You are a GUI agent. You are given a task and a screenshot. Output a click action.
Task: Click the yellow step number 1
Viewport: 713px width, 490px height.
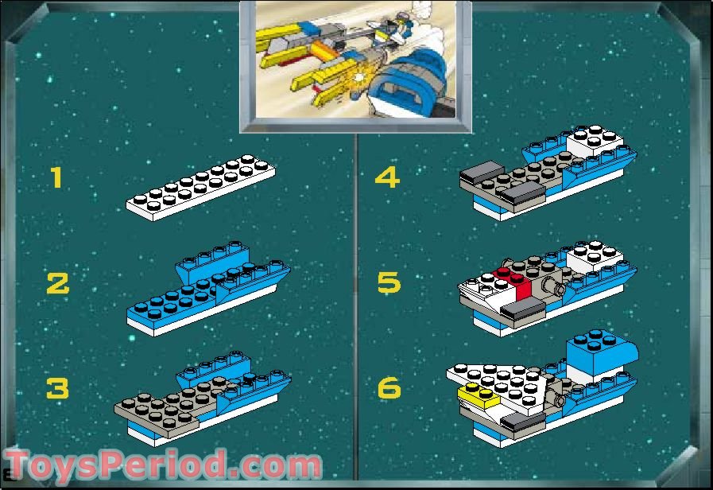56,177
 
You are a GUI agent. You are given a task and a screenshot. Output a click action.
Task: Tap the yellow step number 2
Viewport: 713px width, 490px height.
58,283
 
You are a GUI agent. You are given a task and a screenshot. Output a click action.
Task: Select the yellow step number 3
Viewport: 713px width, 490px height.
58,388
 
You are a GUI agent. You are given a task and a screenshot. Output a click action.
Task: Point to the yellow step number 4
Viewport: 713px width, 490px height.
387,177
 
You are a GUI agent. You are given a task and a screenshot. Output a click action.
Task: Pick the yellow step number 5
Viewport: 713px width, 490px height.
389,282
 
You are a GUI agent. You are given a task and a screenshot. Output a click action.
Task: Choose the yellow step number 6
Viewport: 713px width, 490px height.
389,388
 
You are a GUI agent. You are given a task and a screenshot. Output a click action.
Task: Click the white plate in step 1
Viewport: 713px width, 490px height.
200,188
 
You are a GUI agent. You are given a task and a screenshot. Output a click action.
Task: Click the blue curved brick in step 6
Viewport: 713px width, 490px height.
601,353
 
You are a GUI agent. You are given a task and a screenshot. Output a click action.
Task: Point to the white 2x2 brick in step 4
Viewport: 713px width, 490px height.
594,140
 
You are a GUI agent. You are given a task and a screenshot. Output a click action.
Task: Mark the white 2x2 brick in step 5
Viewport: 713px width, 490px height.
594,255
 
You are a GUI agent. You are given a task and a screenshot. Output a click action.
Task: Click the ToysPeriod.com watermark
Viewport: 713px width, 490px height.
163,465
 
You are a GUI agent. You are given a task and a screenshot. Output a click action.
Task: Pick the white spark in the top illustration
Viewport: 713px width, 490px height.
359,77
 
